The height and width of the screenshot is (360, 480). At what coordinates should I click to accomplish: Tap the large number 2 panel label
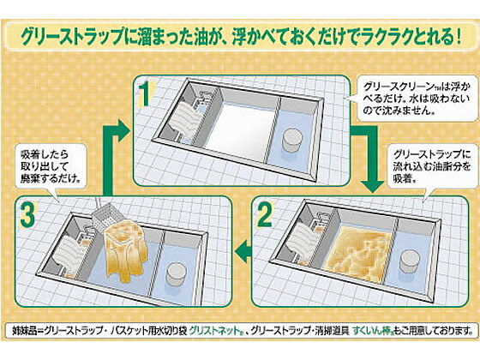click(x=265, y=215)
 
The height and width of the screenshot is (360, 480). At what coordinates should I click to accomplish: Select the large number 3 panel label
click(x=27, y=215)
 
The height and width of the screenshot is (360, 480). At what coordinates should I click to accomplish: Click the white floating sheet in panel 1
click(x=240, y=133)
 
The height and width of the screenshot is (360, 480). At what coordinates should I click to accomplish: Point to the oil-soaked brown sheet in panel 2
click(x=358, y=254)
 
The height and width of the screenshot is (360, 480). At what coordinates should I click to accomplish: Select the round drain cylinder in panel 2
click(x=410, y=262)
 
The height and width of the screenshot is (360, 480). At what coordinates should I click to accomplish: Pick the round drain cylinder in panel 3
click(x=176, y=274)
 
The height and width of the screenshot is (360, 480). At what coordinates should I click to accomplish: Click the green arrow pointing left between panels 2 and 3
click(x=243, y=250)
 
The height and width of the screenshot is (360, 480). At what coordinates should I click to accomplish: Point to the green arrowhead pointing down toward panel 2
click(x=372, y=186)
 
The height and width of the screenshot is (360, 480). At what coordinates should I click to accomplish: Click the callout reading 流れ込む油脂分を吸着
click(x=431, y=167)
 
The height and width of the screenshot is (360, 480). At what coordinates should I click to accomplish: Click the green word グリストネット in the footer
click(x=215, y=331)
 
